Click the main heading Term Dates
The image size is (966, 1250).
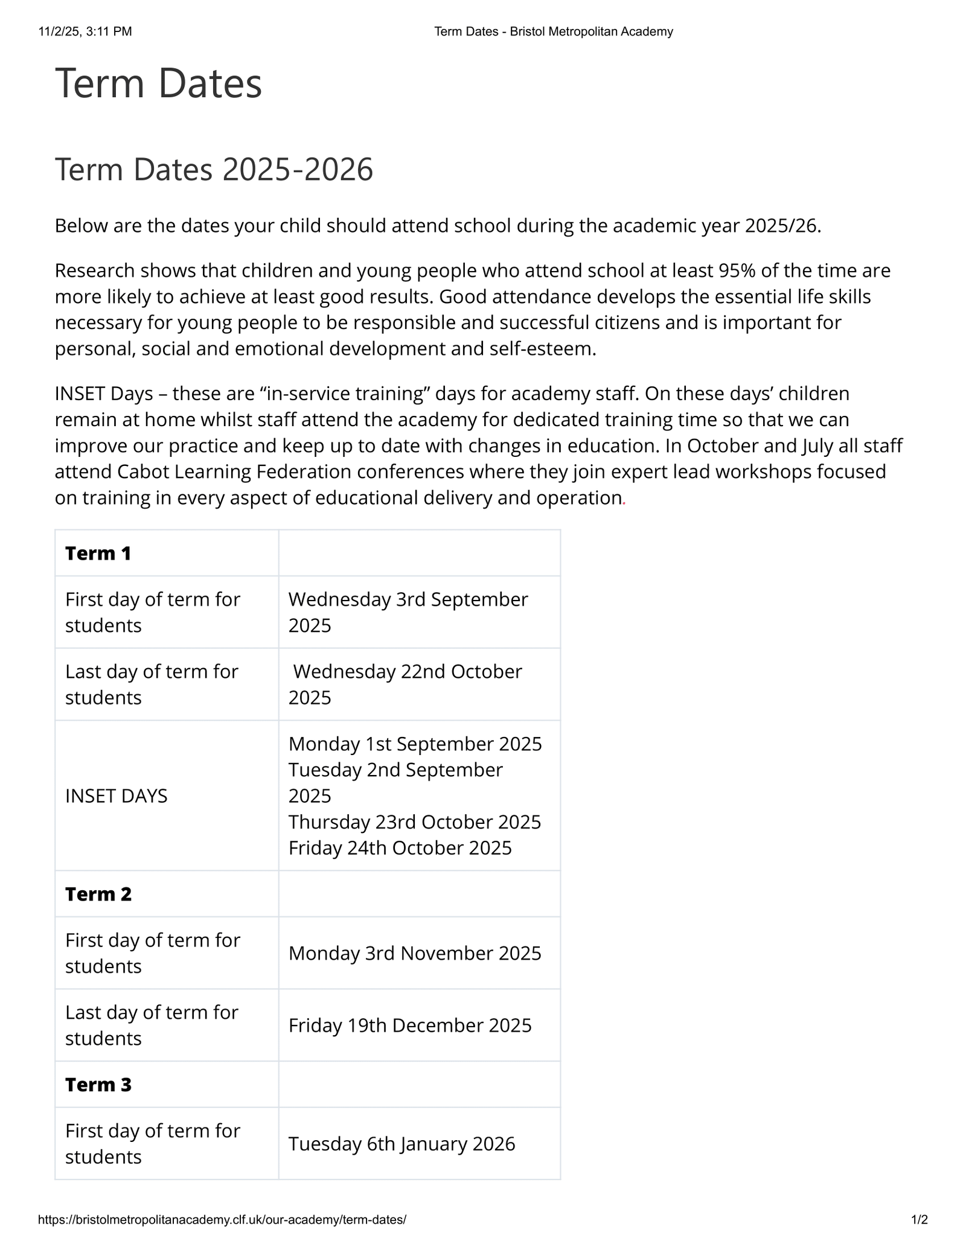click(x=158, y=83)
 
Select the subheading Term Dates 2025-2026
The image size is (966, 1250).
click(x=214, y=170)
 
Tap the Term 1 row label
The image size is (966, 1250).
click(x=98, y=553)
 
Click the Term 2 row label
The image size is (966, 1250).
click(x=98, y=894)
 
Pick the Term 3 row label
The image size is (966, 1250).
click(x=98, y=1085)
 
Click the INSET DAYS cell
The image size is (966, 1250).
click(x=116, y=796)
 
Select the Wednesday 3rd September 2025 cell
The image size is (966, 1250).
click(x=408, y=612)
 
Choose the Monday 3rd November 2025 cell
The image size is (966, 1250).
click(x=415, y=953)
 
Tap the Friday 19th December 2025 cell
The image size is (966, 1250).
click(x=410, y=1025)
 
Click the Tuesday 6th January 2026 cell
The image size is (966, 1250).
click(x=401, y=1144)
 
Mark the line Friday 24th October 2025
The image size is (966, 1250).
click(x=400, y=848)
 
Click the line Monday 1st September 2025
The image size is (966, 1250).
click(x=415, y=744)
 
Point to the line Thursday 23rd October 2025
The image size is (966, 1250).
click(x=415, y=822)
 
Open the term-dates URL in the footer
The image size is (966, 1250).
click(x=222, y=1220)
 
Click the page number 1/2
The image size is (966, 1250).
click(x=919, y=1220)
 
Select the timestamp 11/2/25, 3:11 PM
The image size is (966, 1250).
click(x=85, y=31)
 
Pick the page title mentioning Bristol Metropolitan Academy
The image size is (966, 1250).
click(x=553, y=31)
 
